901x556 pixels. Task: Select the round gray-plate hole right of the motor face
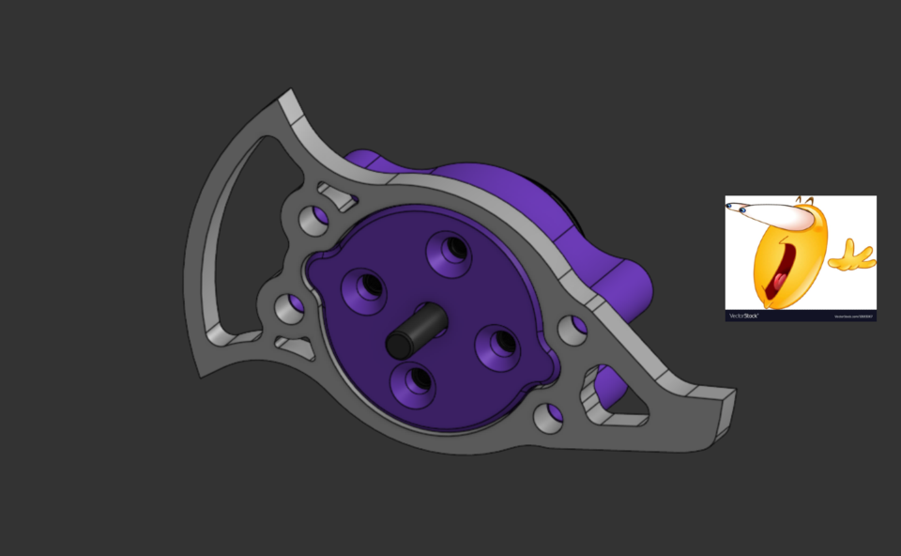click(569, 329)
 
